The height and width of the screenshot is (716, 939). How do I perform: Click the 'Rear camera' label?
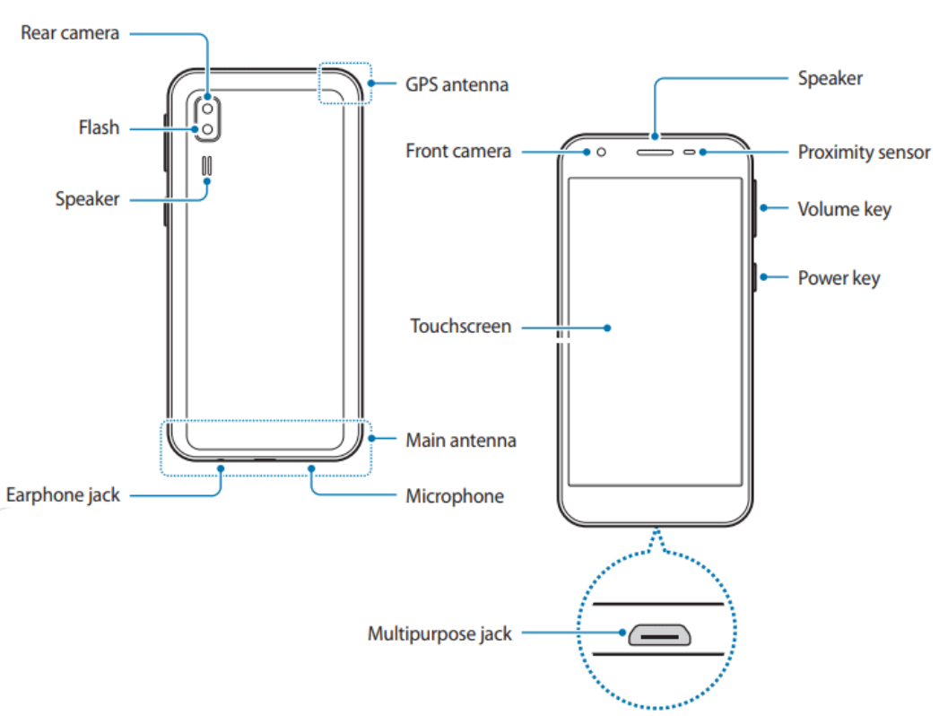point(70,34)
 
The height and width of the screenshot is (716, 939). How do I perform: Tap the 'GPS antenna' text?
point(456,84)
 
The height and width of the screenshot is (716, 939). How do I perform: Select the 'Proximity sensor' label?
point(864,152)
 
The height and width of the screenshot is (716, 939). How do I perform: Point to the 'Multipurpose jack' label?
point(439,633)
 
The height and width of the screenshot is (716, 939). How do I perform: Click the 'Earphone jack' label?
point(63,494)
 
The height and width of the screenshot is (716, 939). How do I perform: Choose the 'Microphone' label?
point(455,495)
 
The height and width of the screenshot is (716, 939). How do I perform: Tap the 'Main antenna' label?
point(461,440)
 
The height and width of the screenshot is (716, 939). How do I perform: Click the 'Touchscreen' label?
point(460,326)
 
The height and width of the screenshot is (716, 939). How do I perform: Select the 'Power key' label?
point(839,277)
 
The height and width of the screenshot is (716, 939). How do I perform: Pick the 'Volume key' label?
point(844,209)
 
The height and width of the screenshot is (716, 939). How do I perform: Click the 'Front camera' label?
point(458,151)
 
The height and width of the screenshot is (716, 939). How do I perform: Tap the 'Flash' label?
point(99,127)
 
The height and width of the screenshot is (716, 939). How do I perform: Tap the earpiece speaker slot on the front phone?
point(655,152)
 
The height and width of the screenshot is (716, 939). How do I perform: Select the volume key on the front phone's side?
point(754,208)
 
